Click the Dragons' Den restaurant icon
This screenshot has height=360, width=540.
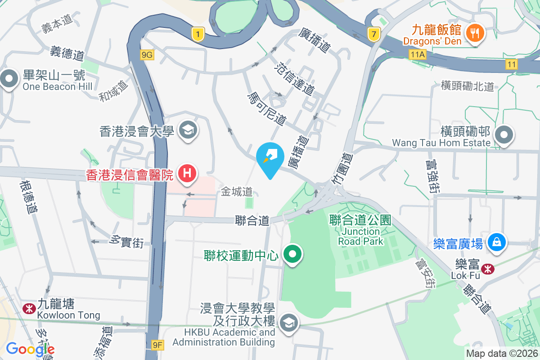(x=475, y=32)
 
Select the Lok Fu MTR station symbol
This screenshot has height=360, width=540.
(x=486, y=269)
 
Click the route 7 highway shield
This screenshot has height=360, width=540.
(x=373, y=33)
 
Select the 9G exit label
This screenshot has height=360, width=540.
(x=147, y=55)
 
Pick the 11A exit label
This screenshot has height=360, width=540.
(x=417, y=54)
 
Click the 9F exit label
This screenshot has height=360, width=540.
(x=157, y=345)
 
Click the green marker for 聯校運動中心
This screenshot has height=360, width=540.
(x=293, y=254)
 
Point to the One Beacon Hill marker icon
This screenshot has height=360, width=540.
(x=9, y=79)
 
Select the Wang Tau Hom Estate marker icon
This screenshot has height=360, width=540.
(x=504, y=135)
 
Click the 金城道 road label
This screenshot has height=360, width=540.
(x=237, y=192)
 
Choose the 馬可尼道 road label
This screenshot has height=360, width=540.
(x=267, y=108)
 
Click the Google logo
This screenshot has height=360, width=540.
(x=30, y=349)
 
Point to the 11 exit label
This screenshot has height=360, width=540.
(x=511, y=64)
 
